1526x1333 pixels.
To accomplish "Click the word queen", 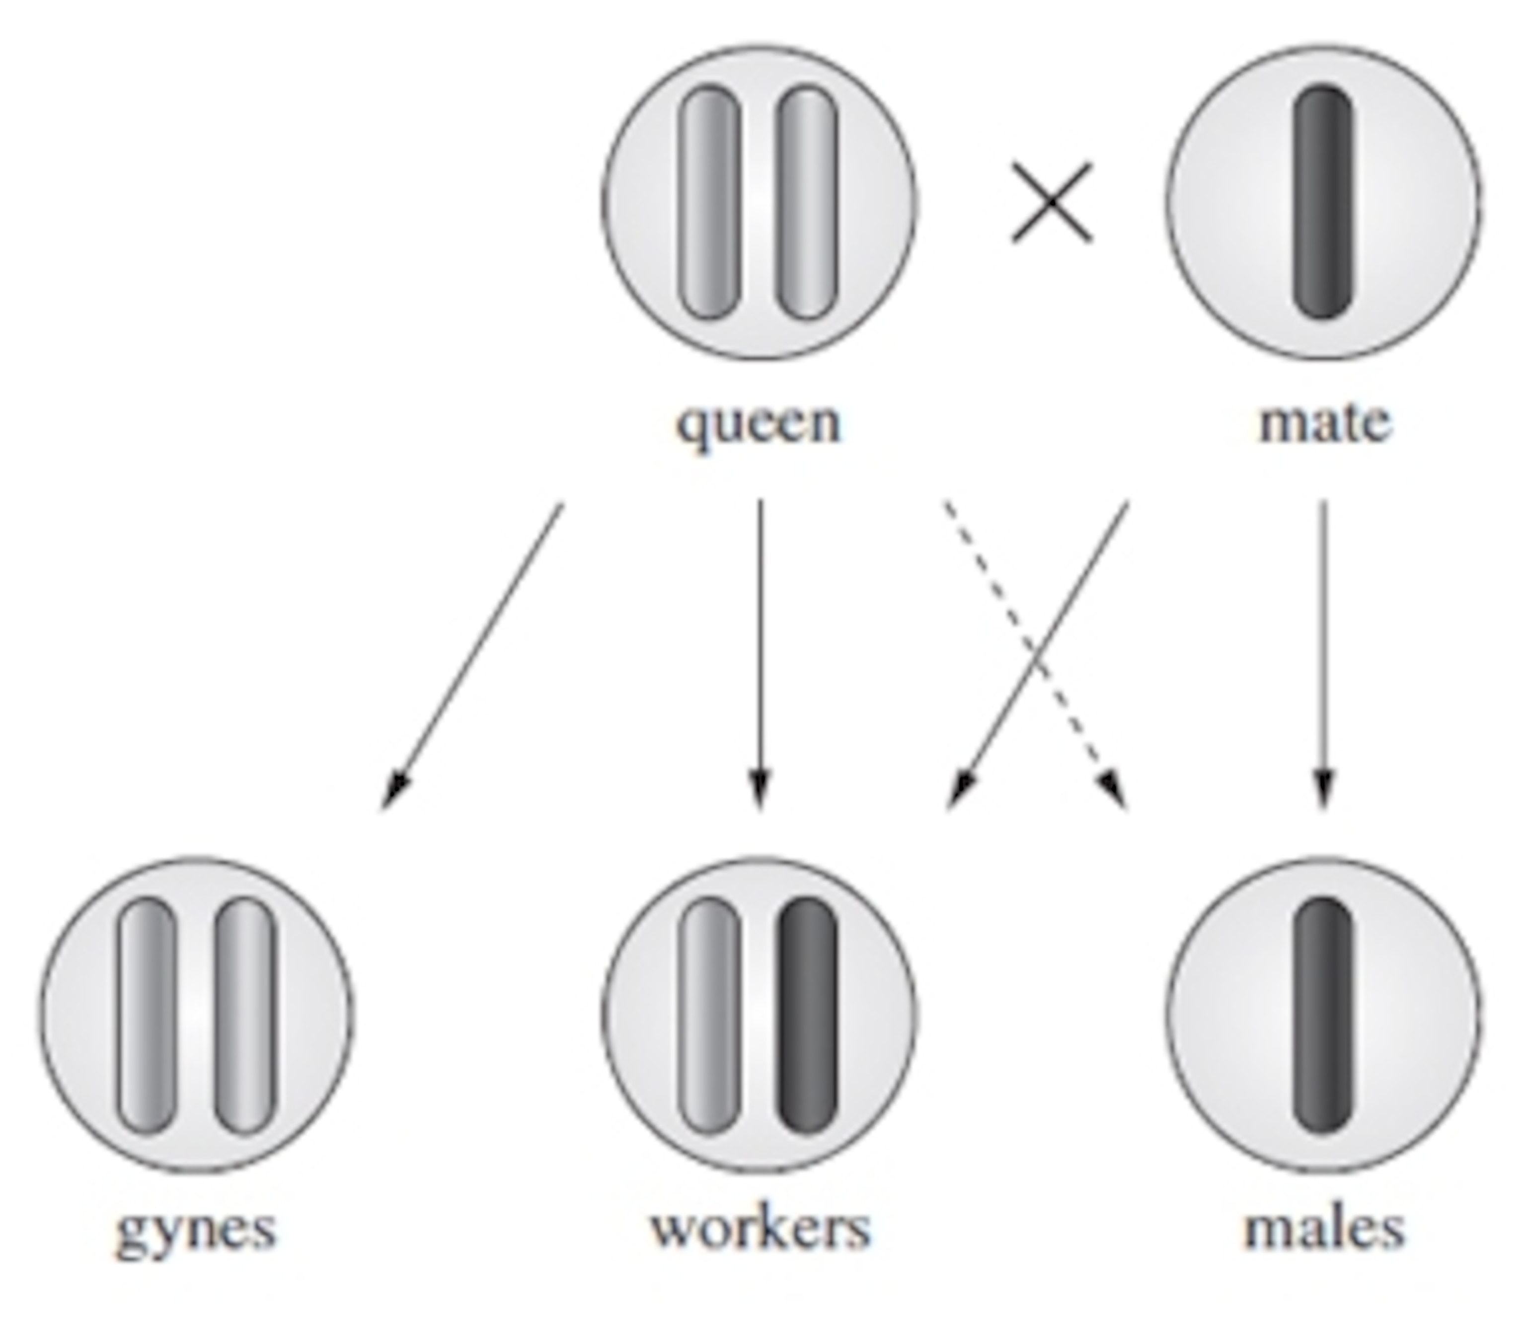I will (x=758, y=424).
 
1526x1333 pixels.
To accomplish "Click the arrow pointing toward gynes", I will (x=473, y=655).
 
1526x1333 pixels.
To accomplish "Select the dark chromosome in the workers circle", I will (x=808, y=1016).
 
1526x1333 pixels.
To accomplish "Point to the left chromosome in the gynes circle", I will (x=147, y=1016).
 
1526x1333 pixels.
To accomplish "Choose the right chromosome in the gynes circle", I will (x=245, y=1016).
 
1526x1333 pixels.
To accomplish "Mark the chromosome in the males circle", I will (x=1323, y=1016).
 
